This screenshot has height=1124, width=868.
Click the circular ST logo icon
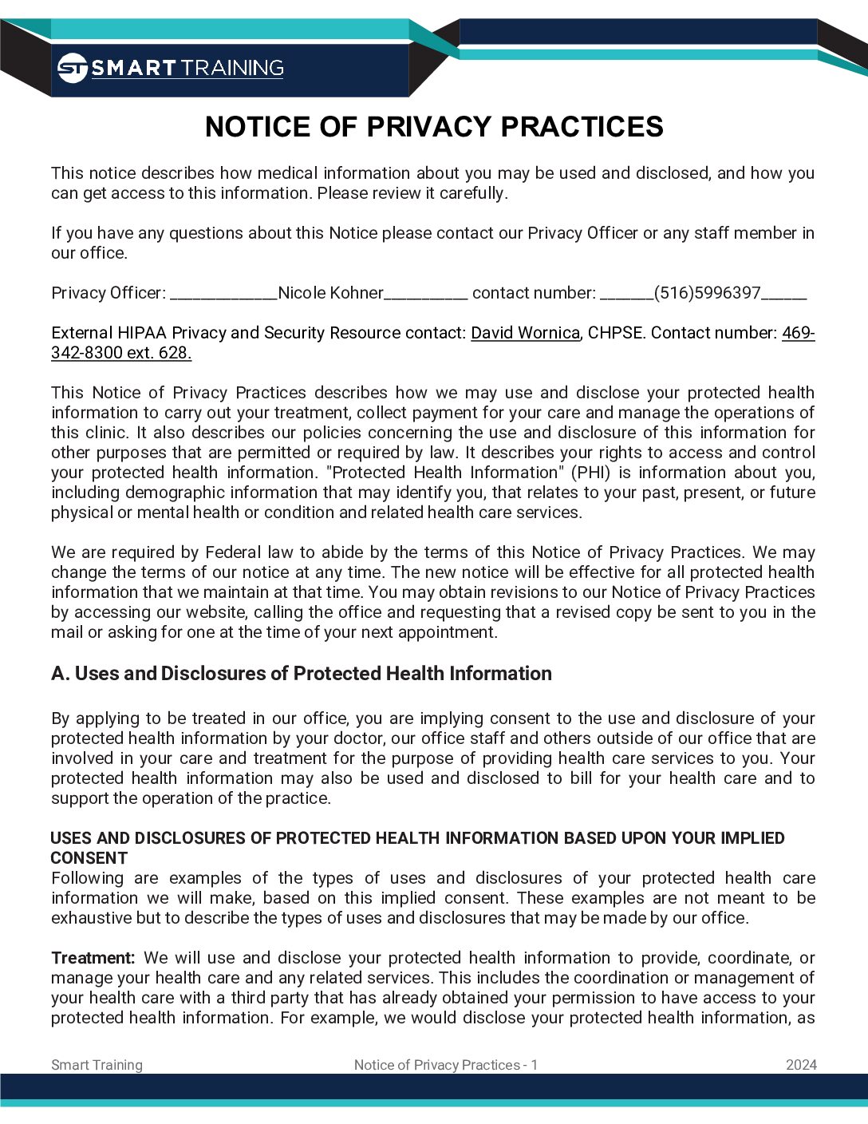pos(73,68)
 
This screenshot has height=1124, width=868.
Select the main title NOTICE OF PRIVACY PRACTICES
pos(434,127)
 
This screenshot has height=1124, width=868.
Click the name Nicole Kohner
pos(330,293)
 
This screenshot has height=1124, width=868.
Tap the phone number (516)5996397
pos(707,293)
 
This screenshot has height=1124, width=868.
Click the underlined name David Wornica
pos(525,333)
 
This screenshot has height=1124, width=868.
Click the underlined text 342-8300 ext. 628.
pos(121,353)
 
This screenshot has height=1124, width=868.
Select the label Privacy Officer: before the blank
pos(108,293)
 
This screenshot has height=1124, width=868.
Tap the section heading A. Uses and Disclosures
pos(302,674)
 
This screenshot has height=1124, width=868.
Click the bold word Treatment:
pos(93,958)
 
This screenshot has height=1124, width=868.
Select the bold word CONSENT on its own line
pos(89,858)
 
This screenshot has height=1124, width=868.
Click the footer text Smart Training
pos(97,1065)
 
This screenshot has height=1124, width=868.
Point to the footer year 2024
pos(801,1065)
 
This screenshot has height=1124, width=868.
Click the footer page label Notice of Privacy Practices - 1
pos(446,1065)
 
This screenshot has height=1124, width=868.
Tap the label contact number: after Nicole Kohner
pos(534,293)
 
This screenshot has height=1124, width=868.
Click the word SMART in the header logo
pos(133,68)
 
